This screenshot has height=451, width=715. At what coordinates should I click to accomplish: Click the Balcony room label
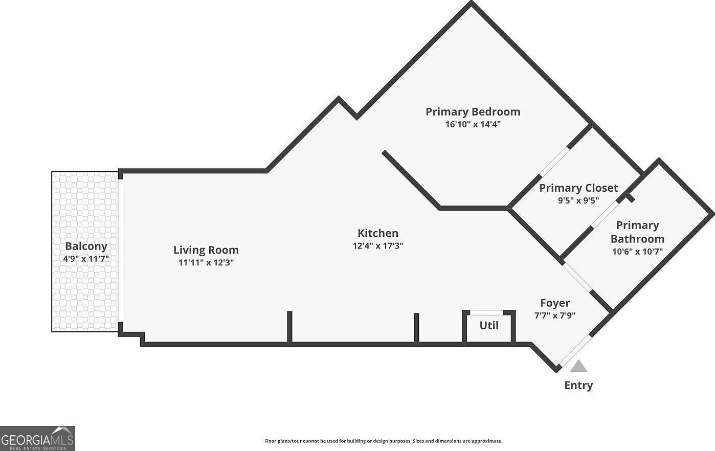point(86,246)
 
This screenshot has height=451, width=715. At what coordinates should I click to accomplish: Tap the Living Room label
point(206,250)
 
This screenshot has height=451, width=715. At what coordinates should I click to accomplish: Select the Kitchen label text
point(377,233)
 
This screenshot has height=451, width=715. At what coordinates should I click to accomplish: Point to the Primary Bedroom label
point(473,111)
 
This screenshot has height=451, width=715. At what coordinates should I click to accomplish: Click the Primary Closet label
point(578,188)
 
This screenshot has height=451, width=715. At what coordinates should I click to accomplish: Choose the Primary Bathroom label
point(637,232)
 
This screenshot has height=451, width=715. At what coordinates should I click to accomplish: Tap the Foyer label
point(555,303)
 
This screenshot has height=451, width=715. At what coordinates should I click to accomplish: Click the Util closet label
point(488,326)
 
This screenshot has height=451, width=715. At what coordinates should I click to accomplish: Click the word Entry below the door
point(578,386)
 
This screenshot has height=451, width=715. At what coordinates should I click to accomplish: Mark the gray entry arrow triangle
point(578,367)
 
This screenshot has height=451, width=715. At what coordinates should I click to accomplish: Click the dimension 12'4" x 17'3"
point(378,245)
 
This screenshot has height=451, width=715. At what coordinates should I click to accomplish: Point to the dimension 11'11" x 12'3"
point(206,262)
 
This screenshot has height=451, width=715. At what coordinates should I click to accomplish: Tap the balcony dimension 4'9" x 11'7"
point(86,259)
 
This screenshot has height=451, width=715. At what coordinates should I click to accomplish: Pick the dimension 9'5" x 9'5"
point(578,200)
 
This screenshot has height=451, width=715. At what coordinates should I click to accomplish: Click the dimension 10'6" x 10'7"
point(637,252)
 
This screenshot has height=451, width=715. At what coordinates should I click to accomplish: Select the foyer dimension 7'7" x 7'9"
point(555,315)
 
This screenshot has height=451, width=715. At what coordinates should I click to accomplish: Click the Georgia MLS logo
point(37,438)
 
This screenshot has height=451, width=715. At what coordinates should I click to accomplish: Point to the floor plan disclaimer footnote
point(383,441)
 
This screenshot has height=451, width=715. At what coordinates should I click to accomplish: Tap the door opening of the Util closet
point(486,312)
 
